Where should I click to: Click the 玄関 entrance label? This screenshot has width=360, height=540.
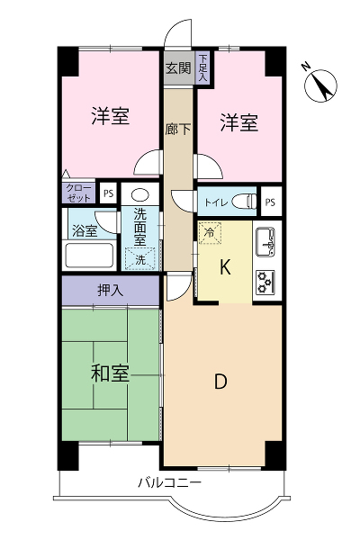[x=178, y=67]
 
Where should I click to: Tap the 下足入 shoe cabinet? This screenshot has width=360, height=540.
[x=202, y=67]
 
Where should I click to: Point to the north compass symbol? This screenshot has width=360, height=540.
[x=321, y=85]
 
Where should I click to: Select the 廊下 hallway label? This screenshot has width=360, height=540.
[x=178, y=129]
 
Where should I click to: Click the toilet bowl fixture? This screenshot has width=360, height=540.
[x=244, y=202]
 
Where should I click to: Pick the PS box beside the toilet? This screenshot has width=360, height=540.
[x=270, y=202]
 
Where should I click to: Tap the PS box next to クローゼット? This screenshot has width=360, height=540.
[x=108, y=193]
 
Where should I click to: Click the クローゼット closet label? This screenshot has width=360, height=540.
[x=78, y=193]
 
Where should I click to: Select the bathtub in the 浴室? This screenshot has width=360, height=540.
[x=90, y=256]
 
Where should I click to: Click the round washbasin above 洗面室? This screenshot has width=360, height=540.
[x=140, y=195]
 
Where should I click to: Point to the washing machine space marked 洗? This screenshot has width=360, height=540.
[x=140, y=259]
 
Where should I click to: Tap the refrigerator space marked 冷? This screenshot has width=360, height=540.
[x=210, y=233]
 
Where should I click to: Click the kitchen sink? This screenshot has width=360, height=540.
[x=265, y=242]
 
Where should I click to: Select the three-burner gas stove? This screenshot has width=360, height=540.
[x=265, y=283]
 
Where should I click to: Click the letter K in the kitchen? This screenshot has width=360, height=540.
[x=225, y=267]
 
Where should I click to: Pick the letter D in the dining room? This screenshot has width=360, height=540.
[x=220, y=382]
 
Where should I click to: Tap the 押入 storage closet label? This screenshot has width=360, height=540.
[x=110, y=291]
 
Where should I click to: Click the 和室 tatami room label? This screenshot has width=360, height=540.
[x=110, y=373]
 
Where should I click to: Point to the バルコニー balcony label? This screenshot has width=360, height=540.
[x=169, y=482]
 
